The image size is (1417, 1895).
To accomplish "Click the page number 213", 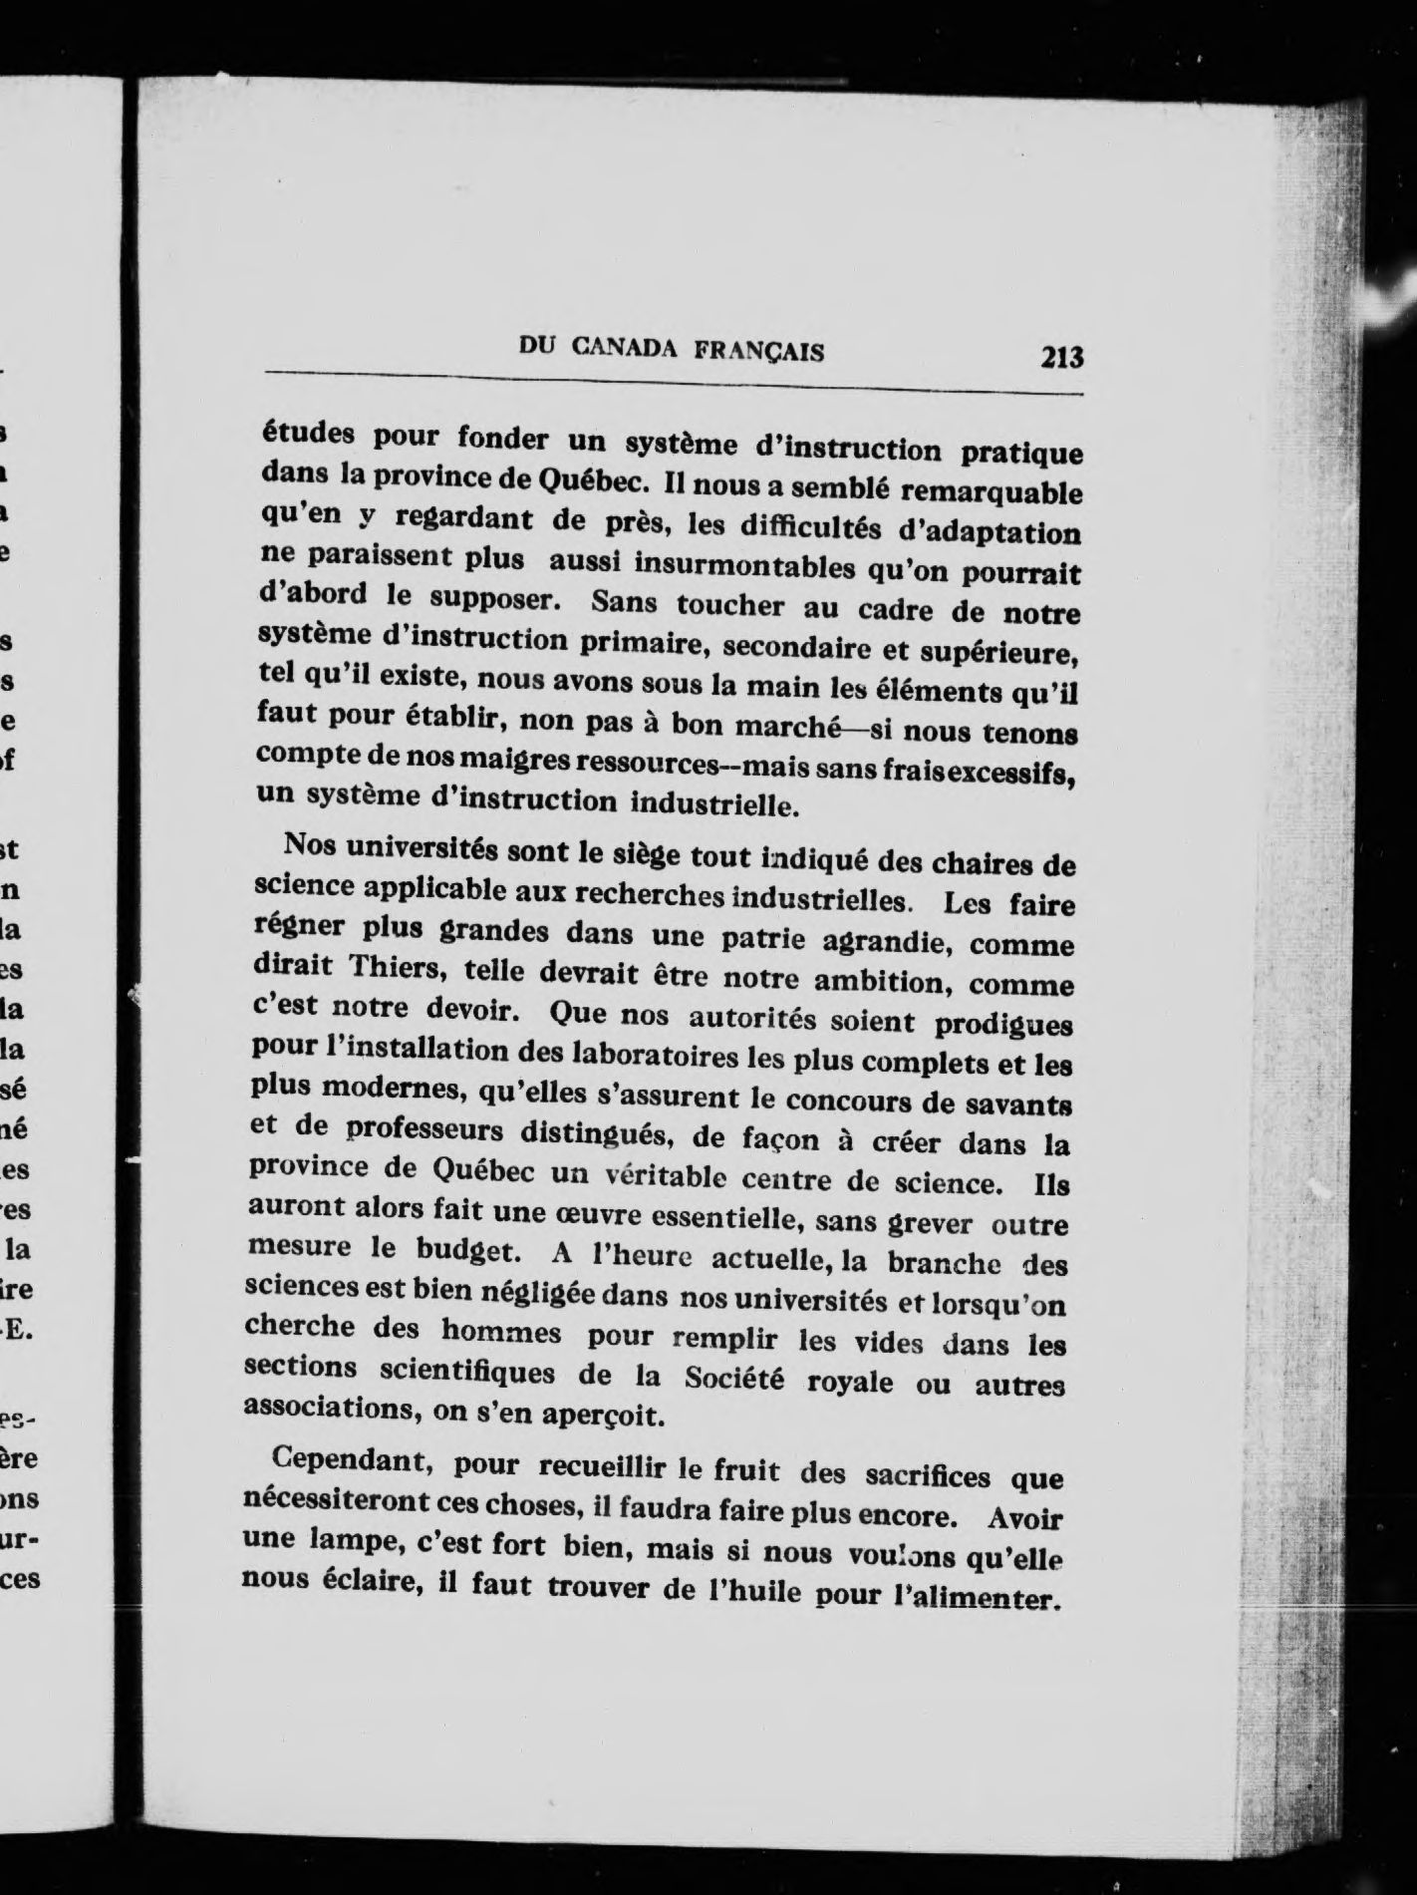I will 1060,356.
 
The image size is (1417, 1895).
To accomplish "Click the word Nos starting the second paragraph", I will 309,844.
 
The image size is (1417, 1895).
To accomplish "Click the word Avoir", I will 1024,1520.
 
